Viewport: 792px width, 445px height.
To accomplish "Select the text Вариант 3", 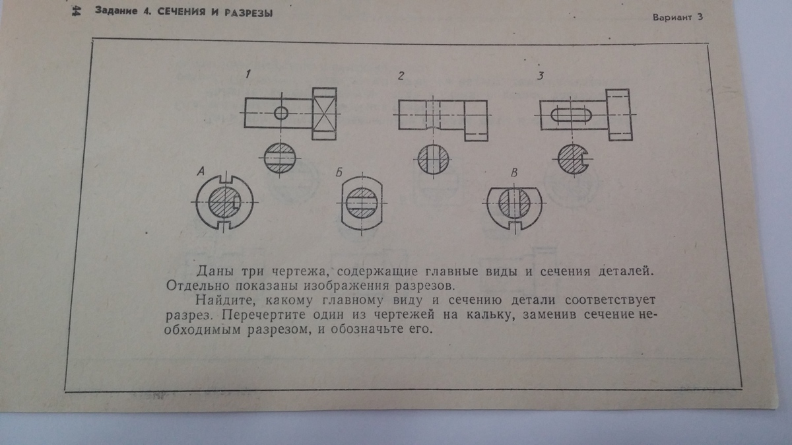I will point(677,18).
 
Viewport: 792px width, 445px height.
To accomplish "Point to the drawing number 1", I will point(247,75).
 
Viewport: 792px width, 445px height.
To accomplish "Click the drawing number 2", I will point(400,76).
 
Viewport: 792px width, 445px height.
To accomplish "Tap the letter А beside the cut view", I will point(201,172).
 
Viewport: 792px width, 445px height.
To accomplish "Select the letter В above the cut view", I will point(514,172).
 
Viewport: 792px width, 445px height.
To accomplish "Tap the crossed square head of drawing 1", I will point(325,112).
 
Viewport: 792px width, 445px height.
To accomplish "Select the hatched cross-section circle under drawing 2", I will point(434,158).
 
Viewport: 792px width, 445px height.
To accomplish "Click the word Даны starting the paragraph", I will point(213,273).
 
